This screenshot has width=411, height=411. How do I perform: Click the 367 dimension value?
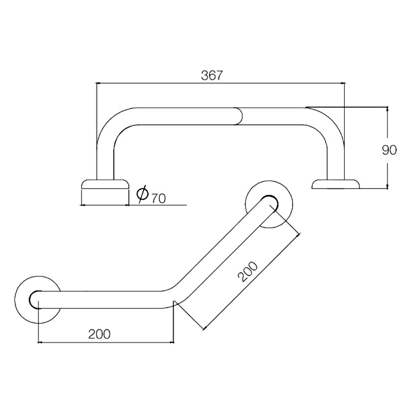212,76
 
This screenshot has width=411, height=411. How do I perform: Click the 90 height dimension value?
389,150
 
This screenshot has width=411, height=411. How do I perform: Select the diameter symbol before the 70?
142,194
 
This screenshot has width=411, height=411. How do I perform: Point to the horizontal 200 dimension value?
99,334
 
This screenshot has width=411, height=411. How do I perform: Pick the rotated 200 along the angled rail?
249,272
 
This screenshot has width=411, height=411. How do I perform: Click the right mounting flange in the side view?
336,184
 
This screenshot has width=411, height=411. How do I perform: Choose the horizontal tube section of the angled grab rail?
103,300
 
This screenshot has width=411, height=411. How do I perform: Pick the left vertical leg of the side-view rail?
104,160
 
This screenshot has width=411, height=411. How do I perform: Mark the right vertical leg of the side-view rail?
335,160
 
